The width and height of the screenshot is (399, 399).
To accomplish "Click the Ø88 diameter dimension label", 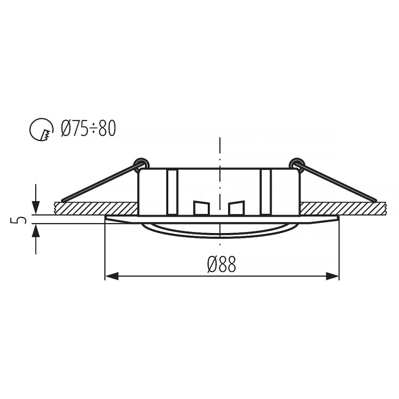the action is [x=222, y=264].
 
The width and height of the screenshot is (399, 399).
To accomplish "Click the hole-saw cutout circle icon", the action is [x=41, y=130].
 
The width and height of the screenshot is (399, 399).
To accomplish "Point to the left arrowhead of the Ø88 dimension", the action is [x=112, y=276].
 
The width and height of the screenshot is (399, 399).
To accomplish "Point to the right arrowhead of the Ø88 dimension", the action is [x=332, y=276].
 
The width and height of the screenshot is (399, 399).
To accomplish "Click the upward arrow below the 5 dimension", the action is [x=36, y=239].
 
